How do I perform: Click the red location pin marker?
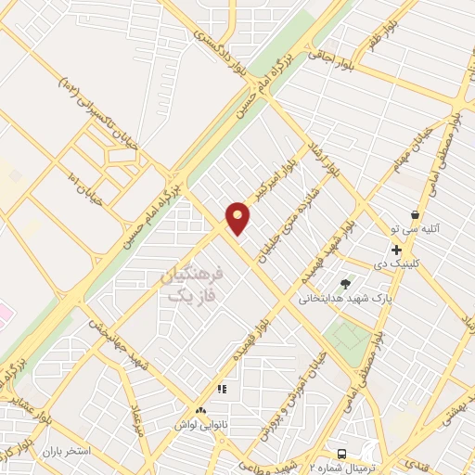pyautogui.click(x=238, y=218)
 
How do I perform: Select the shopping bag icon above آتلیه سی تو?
pyautogui.click(x=415, y=214)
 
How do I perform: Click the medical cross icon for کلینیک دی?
pyautogui.click(x=396, y=250)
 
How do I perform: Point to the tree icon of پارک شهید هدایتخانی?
pyautogui.click(x=346, y=284)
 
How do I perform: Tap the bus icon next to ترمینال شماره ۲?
pyautogui.click(x=343, y=454)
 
